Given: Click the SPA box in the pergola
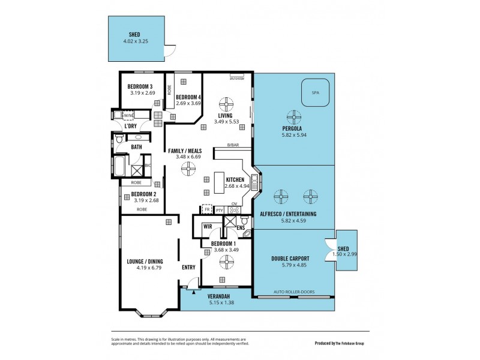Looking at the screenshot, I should pyautogui.click(x=315, y=93).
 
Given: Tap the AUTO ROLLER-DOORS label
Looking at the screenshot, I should pyautogui.click(x=294, y=292).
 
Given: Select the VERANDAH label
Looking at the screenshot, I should pyautogui.click(x=221, y=296).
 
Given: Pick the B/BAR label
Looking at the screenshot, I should pyautogui.click(x=233, y=146).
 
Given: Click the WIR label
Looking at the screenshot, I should pyautogui.click(x=208, y=226).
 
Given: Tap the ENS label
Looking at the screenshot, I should pyautogui.click(x=240, y=227).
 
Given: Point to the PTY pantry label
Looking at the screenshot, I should pyautogui.click(x=220, y=210).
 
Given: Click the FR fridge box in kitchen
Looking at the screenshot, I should pyautogui.click(x=207, y=210).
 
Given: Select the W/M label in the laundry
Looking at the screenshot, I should pyautogui.click(x=128, y=115).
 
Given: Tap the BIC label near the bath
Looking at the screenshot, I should pyautogui.click(x=147, y=164).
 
